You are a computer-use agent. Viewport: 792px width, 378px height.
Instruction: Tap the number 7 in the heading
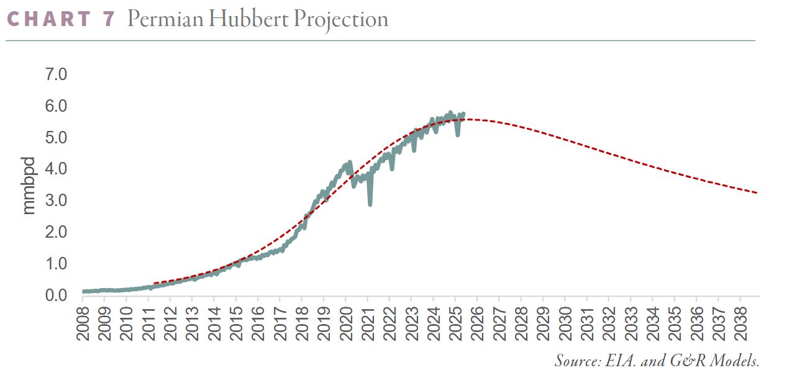(108, 19)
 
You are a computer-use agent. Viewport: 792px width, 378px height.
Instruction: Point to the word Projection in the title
(341, 19)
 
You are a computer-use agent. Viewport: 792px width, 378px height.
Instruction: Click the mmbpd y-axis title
(29, 186)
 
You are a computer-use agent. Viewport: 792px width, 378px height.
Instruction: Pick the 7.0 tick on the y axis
(57, 74)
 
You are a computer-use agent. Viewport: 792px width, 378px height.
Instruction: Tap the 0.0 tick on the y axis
(57, 295)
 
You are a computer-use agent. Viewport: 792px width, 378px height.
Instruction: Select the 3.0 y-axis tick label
(57, 200)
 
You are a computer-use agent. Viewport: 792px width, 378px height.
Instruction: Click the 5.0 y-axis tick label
(57, 137)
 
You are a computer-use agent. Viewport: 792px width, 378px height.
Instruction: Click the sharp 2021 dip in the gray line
(370, 204)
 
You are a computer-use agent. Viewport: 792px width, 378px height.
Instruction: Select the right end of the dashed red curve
(757, 193)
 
